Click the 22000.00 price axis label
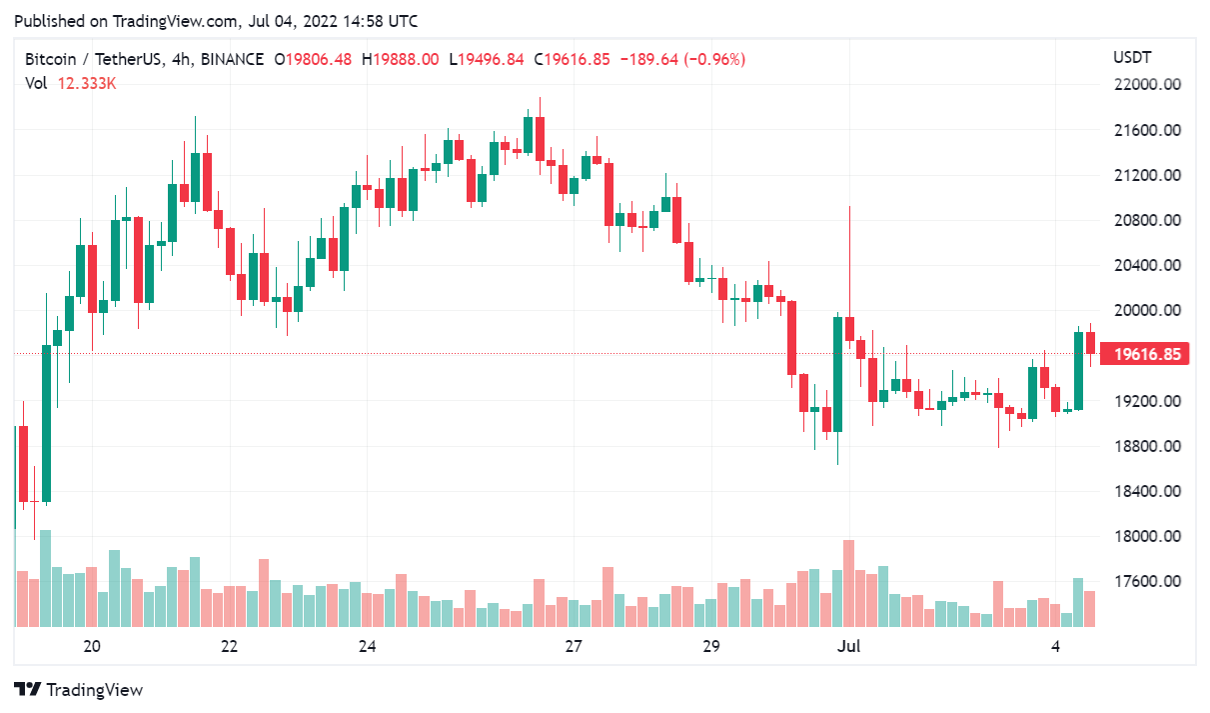coord(1147,85)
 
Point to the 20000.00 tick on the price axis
coord(1147,311)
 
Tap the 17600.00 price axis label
coord(1147,582)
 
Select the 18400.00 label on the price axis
coord(1147,492)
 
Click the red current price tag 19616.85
coord(1146,354)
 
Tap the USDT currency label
coord(1132,57)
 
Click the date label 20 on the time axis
coord(92,646)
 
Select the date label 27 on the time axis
coord(574,646)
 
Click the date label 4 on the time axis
coord(1056,646)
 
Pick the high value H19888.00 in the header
coord(400,60)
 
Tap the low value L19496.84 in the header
coord(487,60)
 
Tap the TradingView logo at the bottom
coord(79,690)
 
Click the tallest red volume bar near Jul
coord(849,583)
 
